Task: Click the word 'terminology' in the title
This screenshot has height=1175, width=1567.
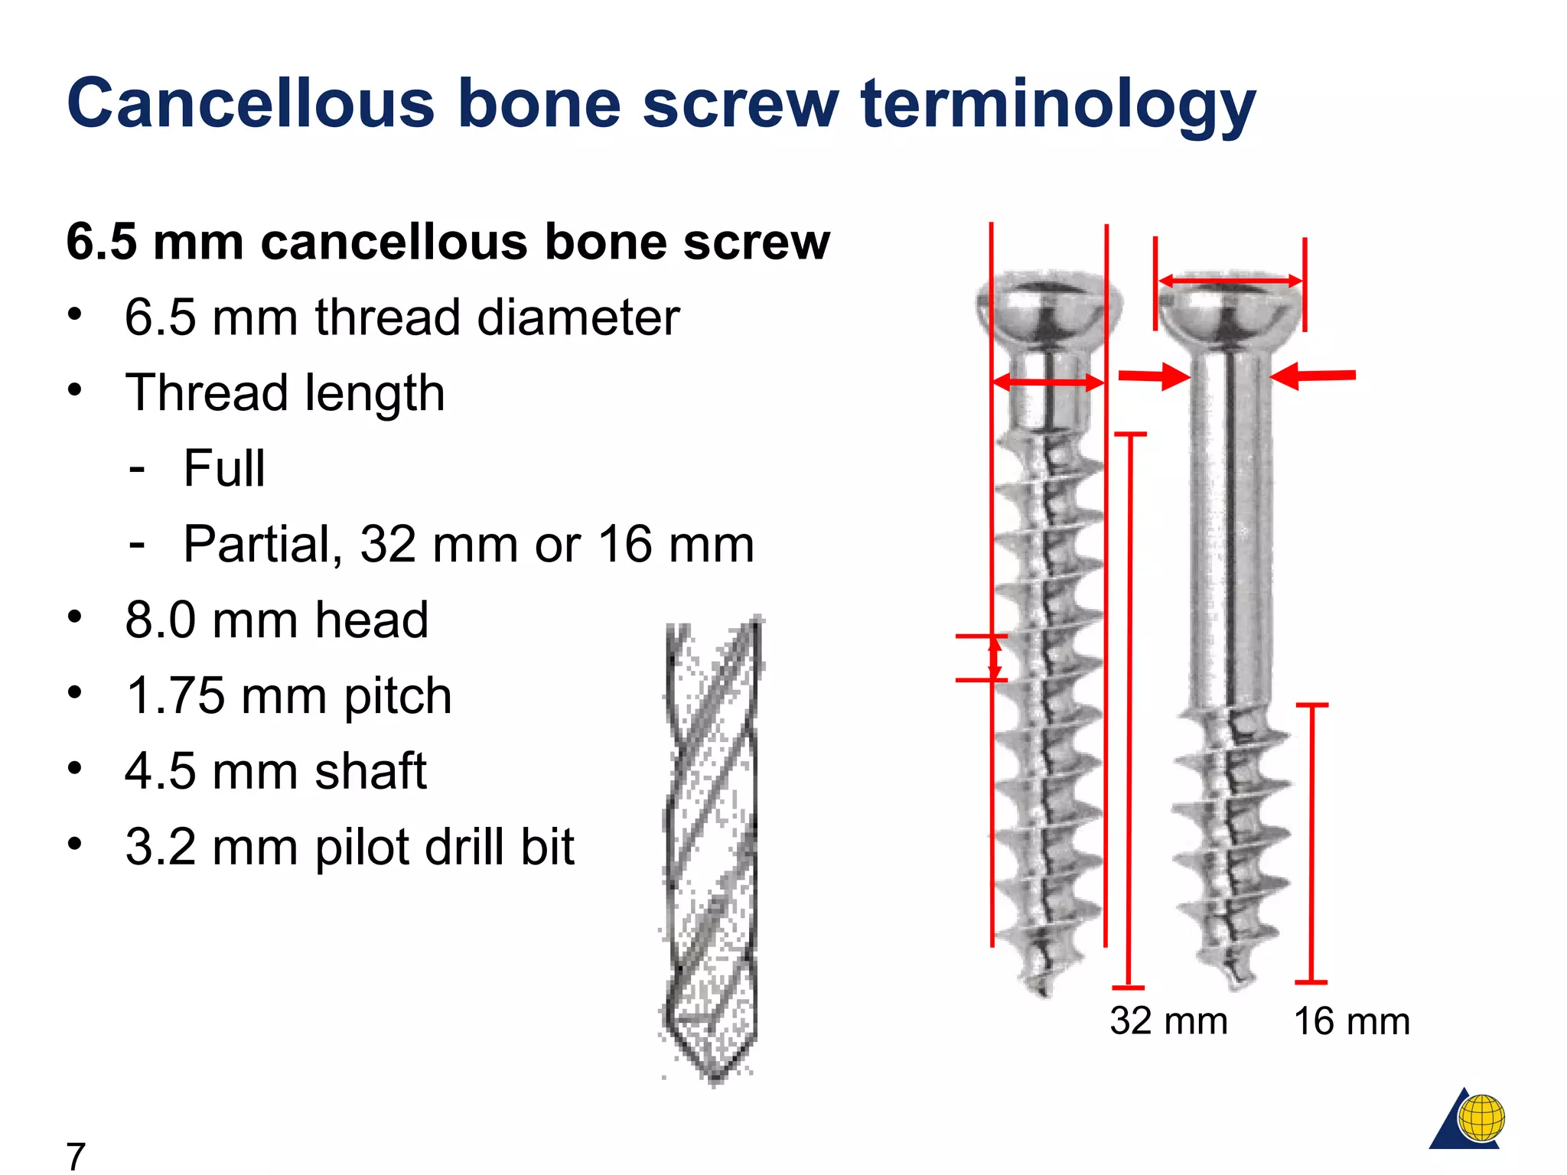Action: (x=1057, y=105)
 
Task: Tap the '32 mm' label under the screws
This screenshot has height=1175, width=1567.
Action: (x=1168, y=1021)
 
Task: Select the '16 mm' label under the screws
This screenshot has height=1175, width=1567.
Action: (x=1351, y=1021)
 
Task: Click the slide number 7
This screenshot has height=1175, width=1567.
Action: (x=76, y=1156)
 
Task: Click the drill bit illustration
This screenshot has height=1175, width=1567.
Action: (x=712, y=849)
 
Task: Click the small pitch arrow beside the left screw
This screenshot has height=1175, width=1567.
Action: (x=994, y=658)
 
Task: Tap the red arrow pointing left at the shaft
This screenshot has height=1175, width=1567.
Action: (x=1313, y=376)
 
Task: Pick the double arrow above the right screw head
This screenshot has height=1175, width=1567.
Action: (x=1230, y=282)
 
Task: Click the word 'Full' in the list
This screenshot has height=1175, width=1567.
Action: (x=224, y=468)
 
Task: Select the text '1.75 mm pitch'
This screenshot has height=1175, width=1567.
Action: (x=288, y=695)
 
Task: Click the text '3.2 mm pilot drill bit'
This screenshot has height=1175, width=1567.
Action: (x=350, y=847)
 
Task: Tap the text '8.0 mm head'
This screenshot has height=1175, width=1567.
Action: (x=276, y=620)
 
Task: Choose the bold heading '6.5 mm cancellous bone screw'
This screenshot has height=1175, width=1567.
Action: (x=448, y=242)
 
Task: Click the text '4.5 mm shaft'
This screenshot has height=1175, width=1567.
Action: (x=275, y=771)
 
